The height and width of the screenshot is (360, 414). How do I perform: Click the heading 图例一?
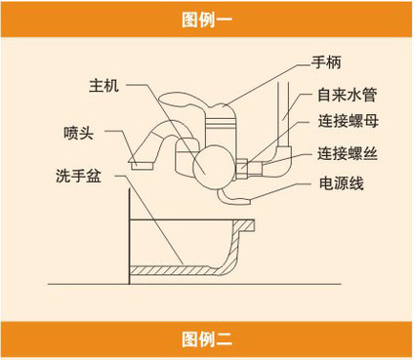207,20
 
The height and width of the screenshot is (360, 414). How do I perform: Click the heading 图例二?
207,340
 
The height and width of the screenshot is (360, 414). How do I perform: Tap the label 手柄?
326,61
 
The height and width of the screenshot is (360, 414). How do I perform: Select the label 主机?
104,86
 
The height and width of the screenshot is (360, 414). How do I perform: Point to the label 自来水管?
348,95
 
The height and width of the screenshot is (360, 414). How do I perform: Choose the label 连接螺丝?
348,153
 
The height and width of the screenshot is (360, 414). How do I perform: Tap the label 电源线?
342,183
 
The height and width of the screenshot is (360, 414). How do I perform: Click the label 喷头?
79,133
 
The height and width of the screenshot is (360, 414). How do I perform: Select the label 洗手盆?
78,176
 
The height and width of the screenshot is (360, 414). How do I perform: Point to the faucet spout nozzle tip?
142,165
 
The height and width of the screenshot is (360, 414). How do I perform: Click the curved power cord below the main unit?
233,198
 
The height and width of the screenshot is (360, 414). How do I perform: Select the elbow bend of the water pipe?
282,157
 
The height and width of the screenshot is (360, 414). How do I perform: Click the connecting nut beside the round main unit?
242,168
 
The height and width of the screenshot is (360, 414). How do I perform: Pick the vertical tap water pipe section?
282,114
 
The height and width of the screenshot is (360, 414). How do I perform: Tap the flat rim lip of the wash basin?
243,224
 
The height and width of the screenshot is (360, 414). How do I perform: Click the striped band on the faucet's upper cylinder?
220,122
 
